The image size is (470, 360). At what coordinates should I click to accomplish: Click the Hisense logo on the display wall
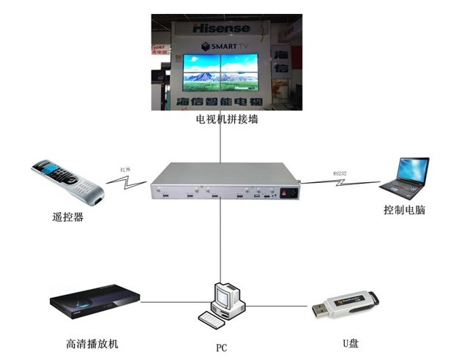[x=220, y=29]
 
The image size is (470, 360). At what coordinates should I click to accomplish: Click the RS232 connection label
[x=340, y=172]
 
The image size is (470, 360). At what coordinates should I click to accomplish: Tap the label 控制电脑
[x=404, y=210]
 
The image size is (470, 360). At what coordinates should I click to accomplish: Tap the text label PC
[x=221, y=348]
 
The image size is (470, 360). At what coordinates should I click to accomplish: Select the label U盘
[x=348, y=343]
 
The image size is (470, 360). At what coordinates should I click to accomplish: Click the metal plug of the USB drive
[x=319, y=311]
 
